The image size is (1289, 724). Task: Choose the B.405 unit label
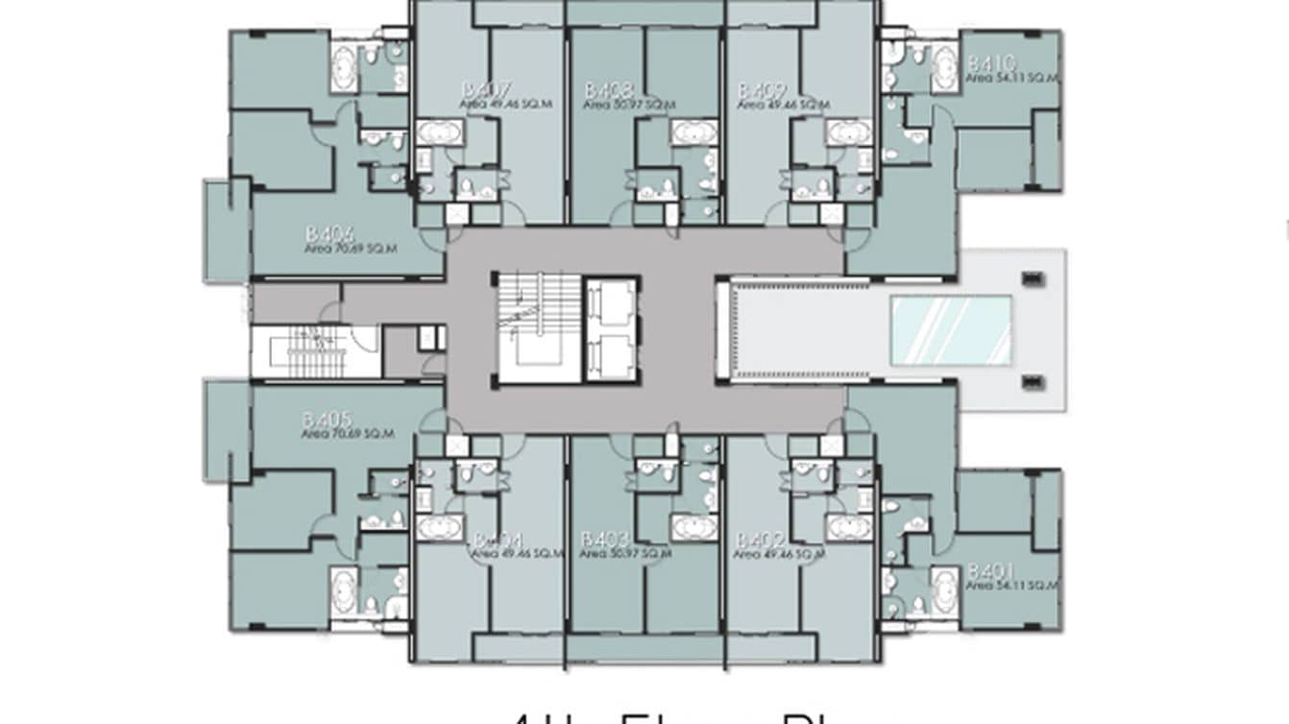[328, 420]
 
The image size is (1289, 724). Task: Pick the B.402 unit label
[760, 541]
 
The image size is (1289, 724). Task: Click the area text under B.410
[1011, 79]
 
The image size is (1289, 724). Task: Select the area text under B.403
[626, 554]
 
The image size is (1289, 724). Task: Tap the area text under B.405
[348, 434]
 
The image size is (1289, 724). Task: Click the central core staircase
[539, 328]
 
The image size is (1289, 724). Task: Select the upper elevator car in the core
[611, 304]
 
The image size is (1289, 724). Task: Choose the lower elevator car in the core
[611, 357]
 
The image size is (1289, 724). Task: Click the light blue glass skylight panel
[951, 330]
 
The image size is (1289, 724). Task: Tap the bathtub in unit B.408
[693, 132]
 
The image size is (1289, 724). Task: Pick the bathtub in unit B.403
[693, 527]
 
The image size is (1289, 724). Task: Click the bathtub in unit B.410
[944, 66]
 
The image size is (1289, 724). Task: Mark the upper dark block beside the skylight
[1032, 279]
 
